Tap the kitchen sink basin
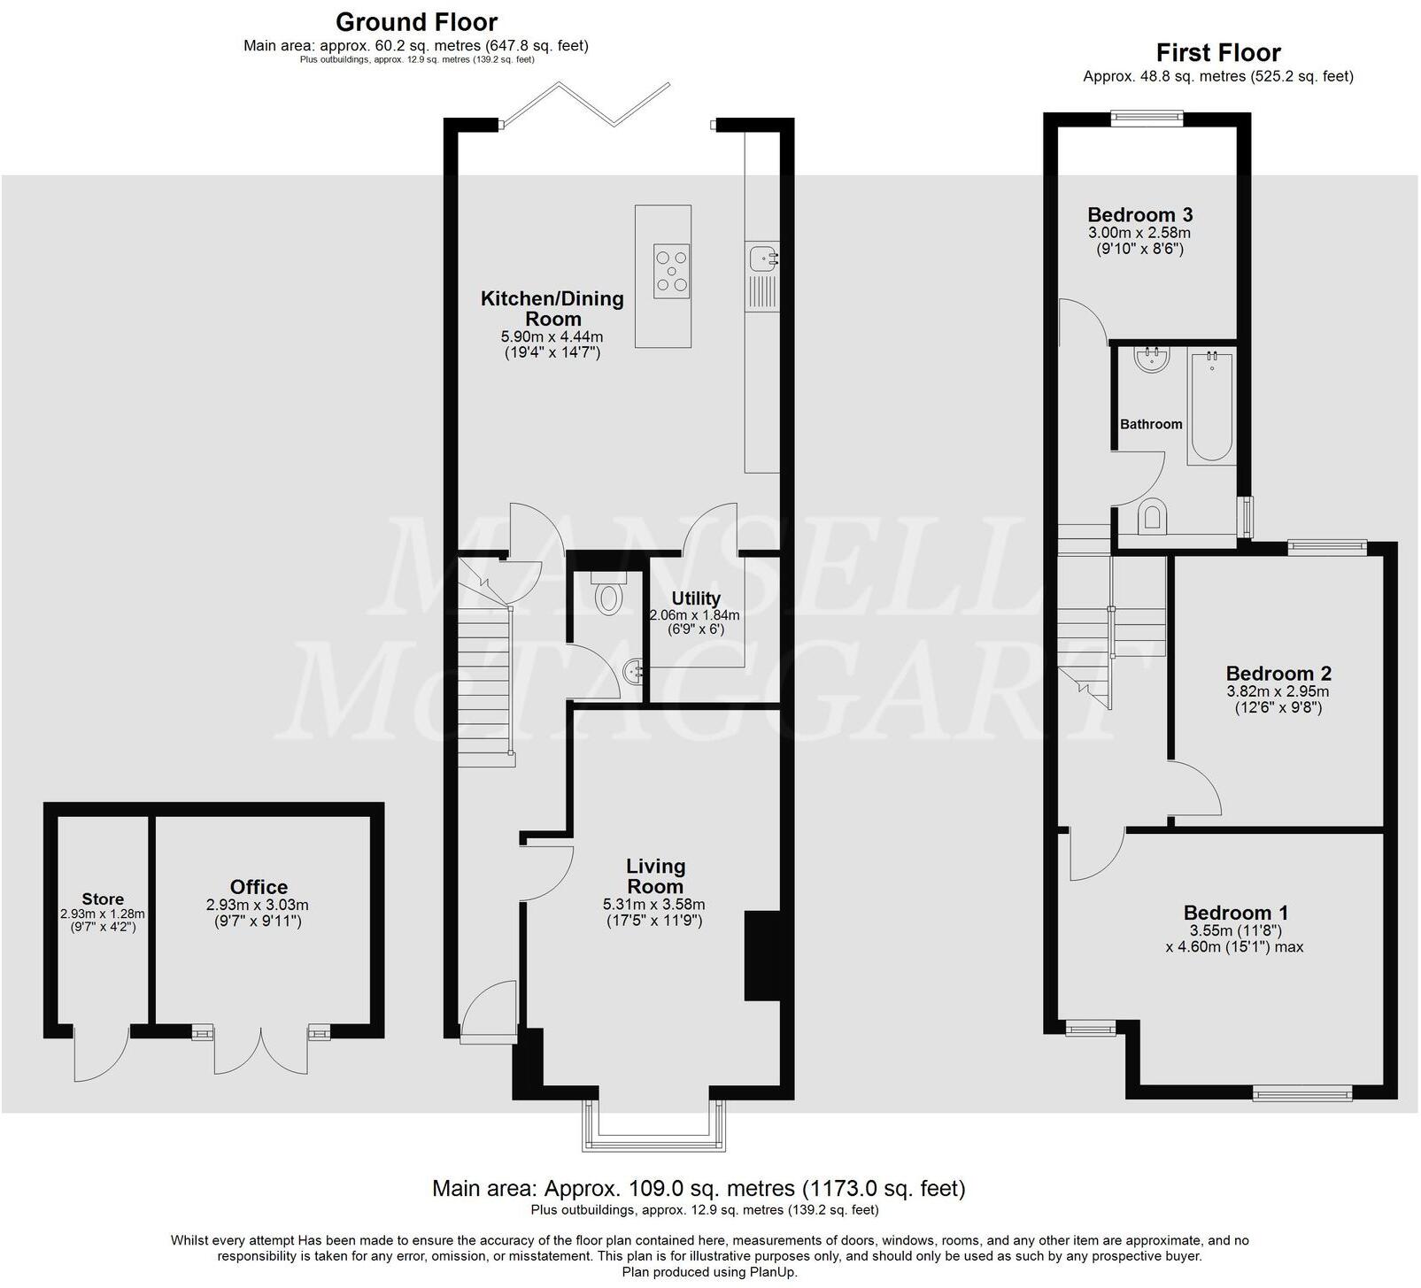point(761,258)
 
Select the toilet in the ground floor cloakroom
point(608,598)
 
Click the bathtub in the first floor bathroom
point(1211,407)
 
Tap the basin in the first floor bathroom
point(1154,359)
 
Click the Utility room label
point(696,598)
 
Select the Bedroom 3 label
point(1139,214)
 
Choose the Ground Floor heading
point(416,21)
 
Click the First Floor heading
point(1218,52)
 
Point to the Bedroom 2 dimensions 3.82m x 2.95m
point(1278,692)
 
